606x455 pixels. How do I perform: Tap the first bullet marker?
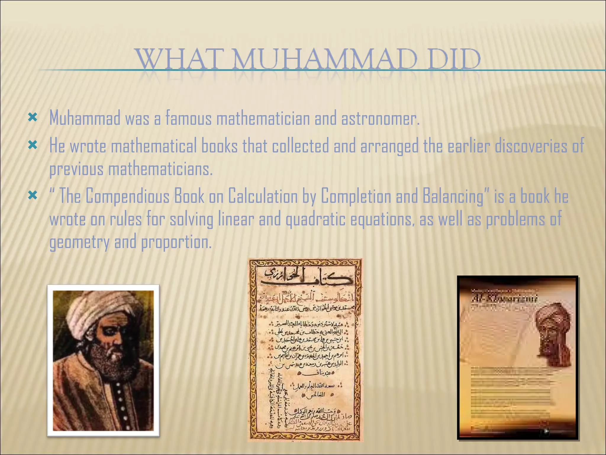[33, 117]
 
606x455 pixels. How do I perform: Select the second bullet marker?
[33, 145]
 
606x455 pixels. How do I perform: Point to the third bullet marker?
[33, 195]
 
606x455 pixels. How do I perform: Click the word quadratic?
[315, 220]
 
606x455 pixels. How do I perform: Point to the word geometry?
[79, 242]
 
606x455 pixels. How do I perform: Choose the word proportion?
[176, 242]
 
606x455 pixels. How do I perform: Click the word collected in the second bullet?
[300, 146]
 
